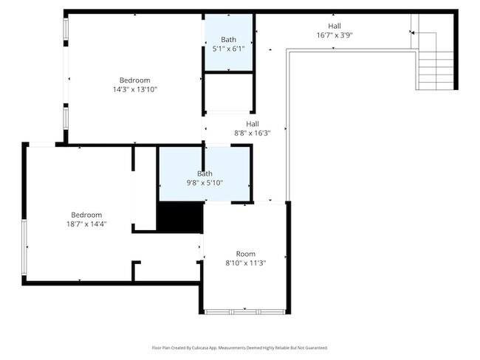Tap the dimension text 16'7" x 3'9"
[x=334, y=35]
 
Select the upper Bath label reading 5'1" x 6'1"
[x=229, y=40]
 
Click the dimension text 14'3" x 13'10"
[x=135, y=89]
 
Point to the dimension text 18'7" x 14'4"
[x=86, y=224]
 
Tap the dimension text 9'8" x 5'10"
[x=205, y=182]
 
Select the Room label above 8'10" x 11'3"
[x=245, y=253]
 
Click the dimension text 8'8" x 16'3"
[x=253, y=134]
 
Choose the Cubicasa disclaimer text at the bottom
[x=239, y=347]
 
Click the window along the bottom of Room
[x=244, y=312]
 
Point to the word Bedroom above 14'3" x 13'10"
[x=135, y=80]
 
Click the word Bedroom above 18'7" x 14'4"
[x=86, y=215]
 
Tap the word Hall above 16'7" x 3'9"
[x=334, y=26]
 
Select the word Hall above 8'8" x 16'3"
[x=253, y=124]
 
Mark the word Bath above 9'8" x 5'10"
[x=205, y=173]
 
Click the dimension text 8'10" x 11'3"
[x=245, y=263]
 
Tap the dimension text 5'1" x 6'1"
[x=229, y=49]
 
